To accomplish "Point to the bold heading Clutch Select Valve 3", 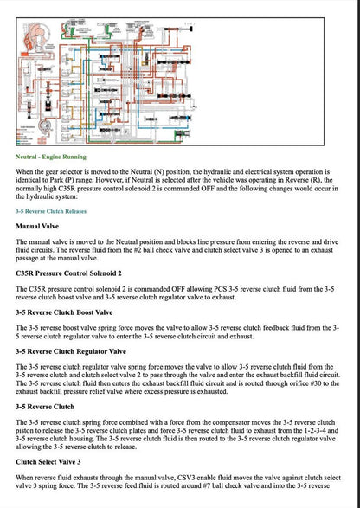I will click(x=55, y=462).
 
